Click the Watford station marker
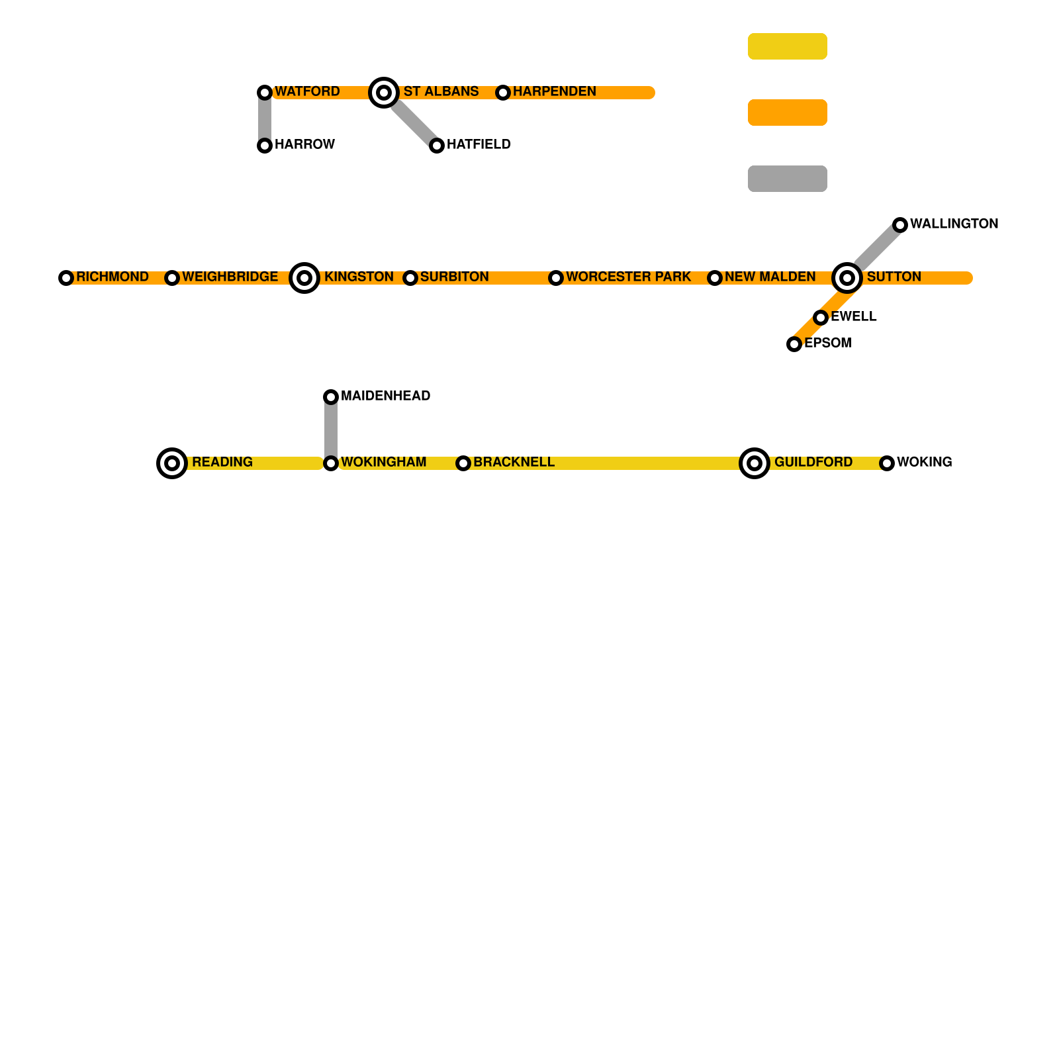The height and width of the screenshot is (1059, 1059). (265, 93)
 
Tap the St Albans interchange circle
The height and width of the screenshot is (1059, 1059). (384, 93)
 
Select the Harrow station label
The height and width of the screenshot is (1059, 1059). (304, 144)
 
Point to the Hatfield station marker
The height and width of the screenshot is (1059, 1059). (437, 146)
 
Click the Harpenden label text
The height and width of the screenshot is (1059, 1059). (554, 91)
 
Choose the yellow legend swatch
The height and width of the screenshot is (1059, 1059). (788, 46)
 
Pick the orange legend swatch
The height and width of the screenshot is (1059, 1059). (788, 113)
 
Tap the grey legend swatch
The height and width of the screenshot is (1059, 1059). (788, 179)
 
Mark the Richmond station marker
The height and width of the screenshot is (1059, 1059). (66, 278)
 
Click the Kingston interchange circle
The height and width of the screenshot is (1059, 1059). (304, 278)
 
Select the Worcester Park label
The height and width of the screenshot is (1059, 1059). (628, 277)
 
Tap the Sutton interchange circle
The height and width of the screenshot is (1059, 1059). (847, 278)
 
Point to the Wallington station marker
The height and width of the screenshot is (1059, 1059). (900, 225)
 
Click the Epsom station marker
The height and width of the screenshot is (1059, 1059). (794, 344)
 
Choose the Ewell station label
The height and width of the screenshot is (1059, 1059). (853, 316)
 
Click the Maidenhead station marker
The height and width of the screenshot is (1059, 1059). (331, 397)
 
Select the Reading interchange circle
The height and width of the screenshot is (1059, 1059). (172, 463)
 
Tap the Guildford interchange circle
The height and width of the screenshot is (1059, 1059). (755, 463)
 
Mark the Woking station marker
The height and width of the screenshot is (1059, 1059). (887, 463)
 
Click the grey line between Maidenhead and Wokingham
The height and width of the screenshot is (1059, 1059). (331, 430)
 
